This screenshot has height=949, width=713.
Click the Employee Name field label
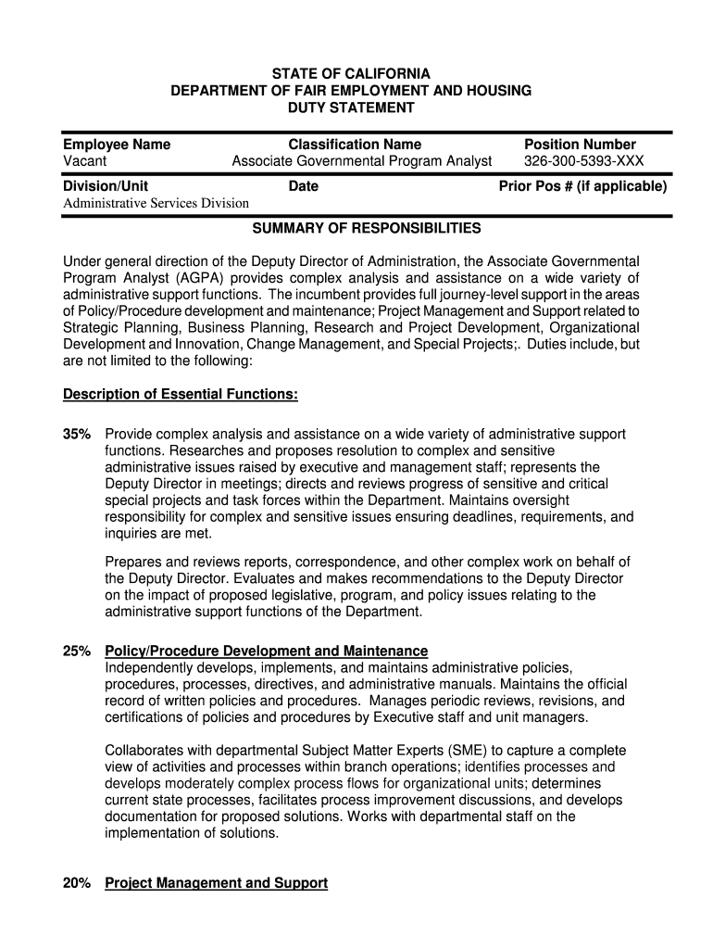point(117,145)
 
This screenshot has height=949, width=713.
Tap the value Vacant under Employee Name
point(84,161)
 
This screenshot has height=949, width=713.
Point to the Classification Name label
point(355,145)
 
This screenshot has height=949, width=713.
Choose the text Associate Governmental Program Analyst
point(361,161)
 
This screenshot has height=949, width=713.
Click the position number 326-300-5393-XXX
point(583,161)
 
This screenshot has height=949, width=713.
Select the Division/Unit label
point(105,186)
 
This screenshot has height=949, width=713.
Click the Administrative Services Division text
point(156,203)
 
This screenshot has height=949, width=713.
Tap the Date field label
point(303,186)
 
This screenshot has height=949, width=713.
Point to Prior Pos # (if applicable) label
point(582,186)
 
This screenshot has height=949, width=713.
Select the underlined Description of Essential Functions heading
point(180,395)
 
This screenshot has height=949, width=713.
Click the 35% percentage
point(77,435)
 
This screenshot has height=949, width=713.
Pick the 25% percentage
point(77,652)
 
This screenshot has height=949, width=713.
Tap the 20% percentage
point(77,884)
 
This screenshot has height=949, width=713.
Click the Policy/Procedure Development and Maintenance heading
point(267,652)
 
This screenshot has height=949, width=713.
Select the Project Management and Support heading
point(216,884)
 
